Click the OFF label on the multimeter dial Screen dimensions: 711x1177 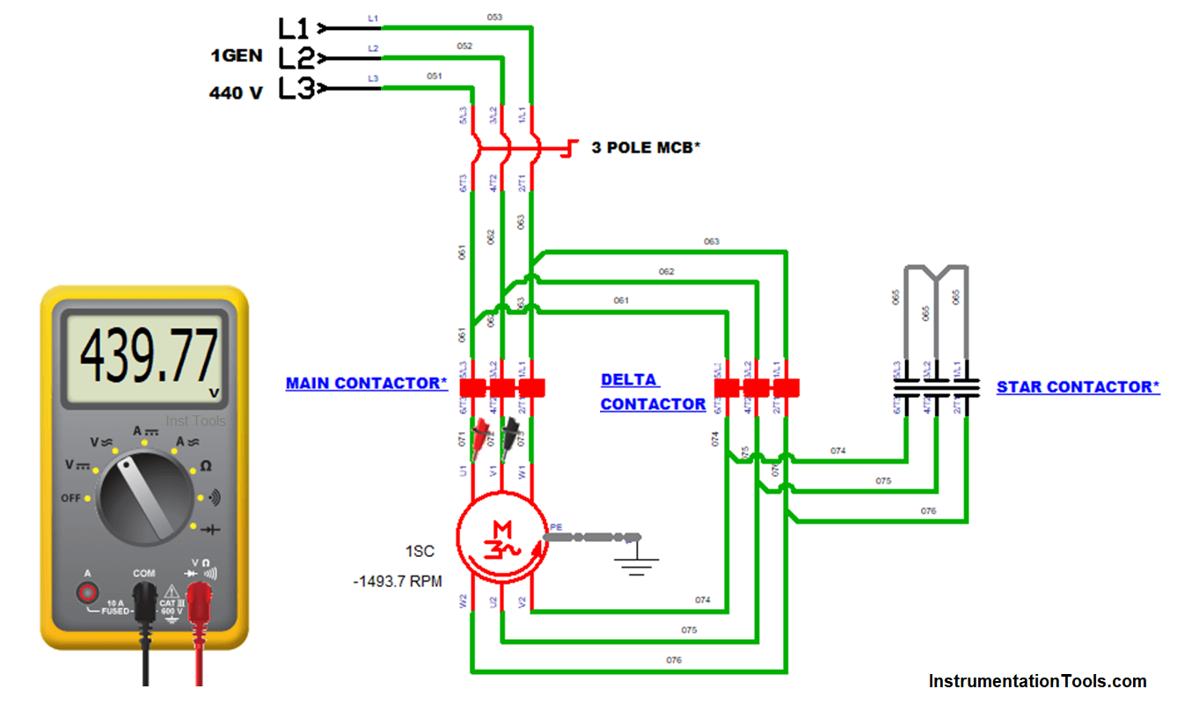pos(71,498)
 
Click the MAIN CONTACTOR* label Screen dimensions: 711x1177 pos(366,384)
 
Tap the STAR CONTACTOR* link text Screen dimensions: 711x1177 pos(1078,387)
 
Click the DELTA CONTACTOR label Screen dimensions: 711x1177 pos(653,392)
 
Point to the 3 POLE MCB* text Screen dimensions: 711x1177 pos(646,148)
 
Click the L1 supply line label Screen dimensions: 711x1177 pos(295,28)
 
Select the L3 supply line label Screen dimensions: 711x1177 pos(296,89)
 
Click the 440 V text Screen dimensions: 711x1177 pos(236,92)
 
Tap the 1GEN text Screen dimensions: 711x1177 pos(236,55)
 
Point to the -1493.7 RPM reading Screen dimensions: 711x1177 pos(397,582)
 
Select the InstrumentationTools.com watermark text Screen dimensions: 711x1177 pos(1037,681)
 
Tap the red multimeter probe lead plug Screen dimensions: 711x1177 pos(200,607)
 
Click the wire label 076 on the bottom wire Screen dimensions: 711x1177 pos(674,659)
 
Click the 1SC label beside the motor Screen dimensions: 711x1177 pos(420,552)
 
